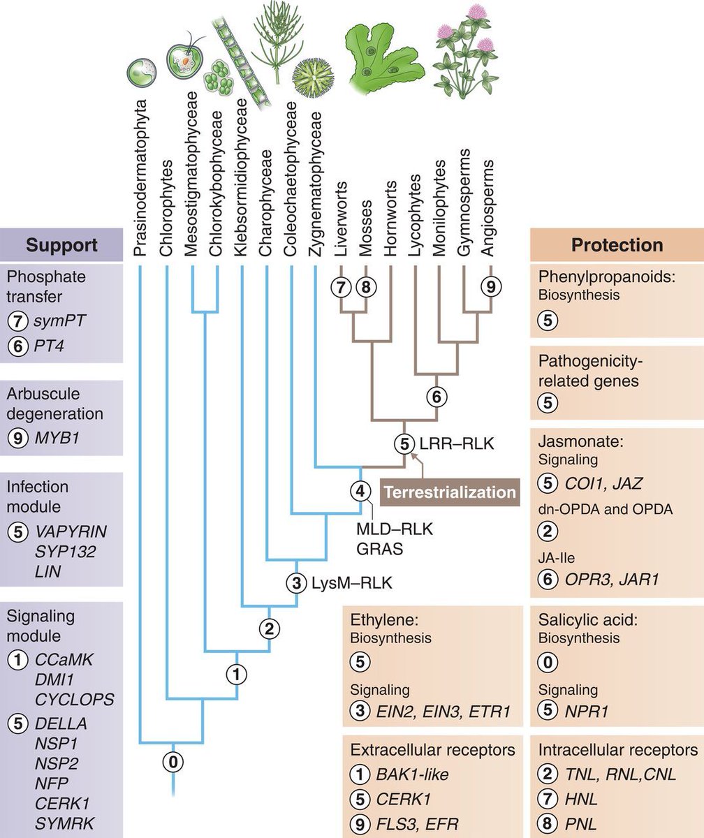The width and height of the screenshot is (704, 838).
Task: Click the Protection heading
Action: click(617, 245)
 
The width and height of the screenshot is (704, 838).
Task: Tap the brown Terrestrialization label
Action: click(449, 492)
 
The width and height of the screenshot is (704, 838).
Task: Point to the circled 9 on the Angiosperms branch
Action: click(491, 286)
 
